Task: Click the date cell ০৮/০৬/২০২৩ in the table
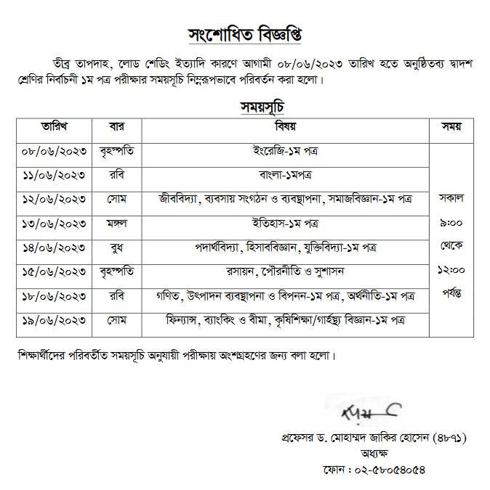[x=56, y=151]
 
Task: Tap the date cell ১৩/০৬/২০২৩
[x=56, y=223]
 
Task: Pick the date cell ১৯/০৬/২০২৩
[x=56, y=319]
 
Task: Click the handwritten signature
[x=367, y=415]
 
